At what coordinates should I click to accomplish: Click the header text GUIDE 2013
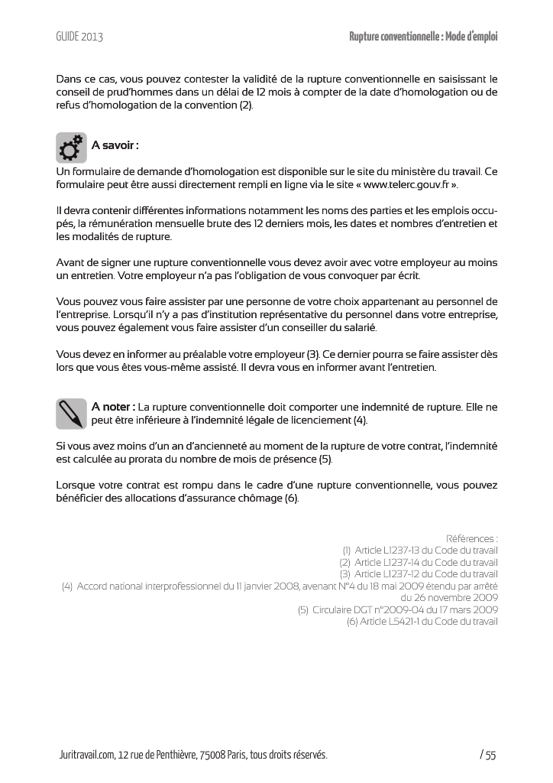point(79,37)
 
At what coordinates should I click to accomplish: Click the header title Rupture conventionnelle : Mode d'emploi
point(423,37)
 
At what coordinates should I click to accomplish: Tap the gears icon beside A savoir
point(71,148)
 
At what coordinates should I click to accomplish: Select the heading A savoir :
point(115,145)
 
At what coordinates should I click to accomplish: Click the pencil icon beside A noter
point(71,414)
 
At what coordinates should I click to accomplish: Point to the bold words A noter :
point(114,407)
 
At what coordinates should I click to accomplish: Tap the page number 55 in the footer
point(490,755)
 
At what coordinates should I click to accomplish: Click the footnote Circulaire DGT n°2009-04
point(398,609)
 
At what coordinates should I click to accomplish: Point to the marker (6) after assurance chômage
point(291,499)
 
